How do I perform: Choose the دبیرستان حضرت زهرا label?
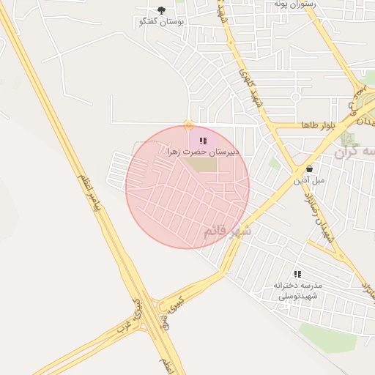[x=203, y=152]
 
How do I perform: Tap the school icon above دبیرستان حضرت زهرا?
[x=203, y=140]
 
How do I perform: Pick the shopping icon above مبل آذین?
[x=309, y=168]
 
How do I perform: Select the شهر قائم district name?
[x=227, y=231]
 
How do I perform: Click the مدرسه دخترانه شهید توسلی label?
[x=298, y=291]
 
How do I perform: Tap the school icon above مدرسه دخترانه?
[x=297, y=273]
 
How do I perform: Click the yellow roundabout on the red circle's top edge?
[x=189, y=125]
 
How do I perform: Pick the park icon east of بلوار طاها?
[x=346, y=138]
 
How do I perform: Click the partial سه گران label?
[x=357, y=152]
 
